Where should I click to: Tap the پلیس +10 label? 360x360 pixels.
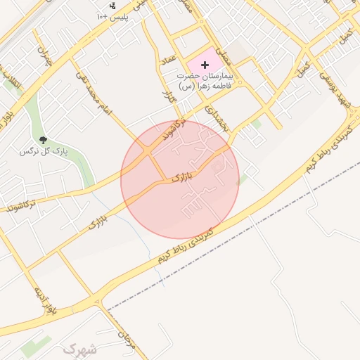pyautogui.click(x=112, y=15)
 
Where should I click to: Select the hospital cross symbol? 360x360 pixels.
pyautogui.click(x=205, y=65)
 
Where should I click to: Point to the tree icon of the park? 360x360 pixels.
pyautogui.click(x=43, y=140)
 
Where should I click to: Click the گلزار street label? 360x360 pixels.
pyautogui.click(x=167, y=96)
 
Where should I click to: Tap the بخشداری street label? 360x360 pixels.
pyautogui.click(x=214, y=118)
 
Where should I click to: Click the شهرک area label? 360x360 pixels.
pyautogui.click(x=79, y=348)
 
